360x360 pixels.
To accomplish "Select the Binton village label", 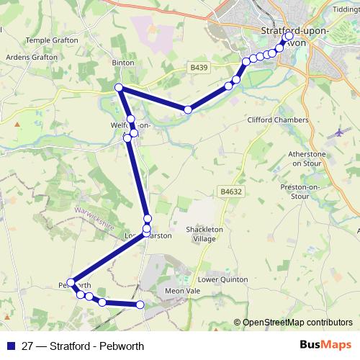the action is (123, 63).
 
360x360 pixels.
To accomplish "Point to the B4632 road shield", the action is (230, 192).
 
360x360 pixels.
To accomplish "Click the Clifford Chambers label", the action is (277, 120).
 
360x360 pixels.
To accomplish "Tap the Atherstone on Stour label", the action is (308, 158).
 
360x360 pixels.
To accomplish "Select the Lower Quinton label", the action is (222, 279).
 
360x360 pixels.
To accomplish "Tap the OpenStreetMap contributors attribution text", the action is (297, 323).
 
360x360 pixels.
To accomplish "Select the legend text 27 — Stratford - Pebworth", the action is (83, 346).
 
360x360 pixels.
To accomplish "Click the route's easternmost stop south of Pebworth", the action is (140, 305).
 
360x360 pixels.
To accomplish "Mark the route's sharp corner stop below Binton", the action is (119, 88).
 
